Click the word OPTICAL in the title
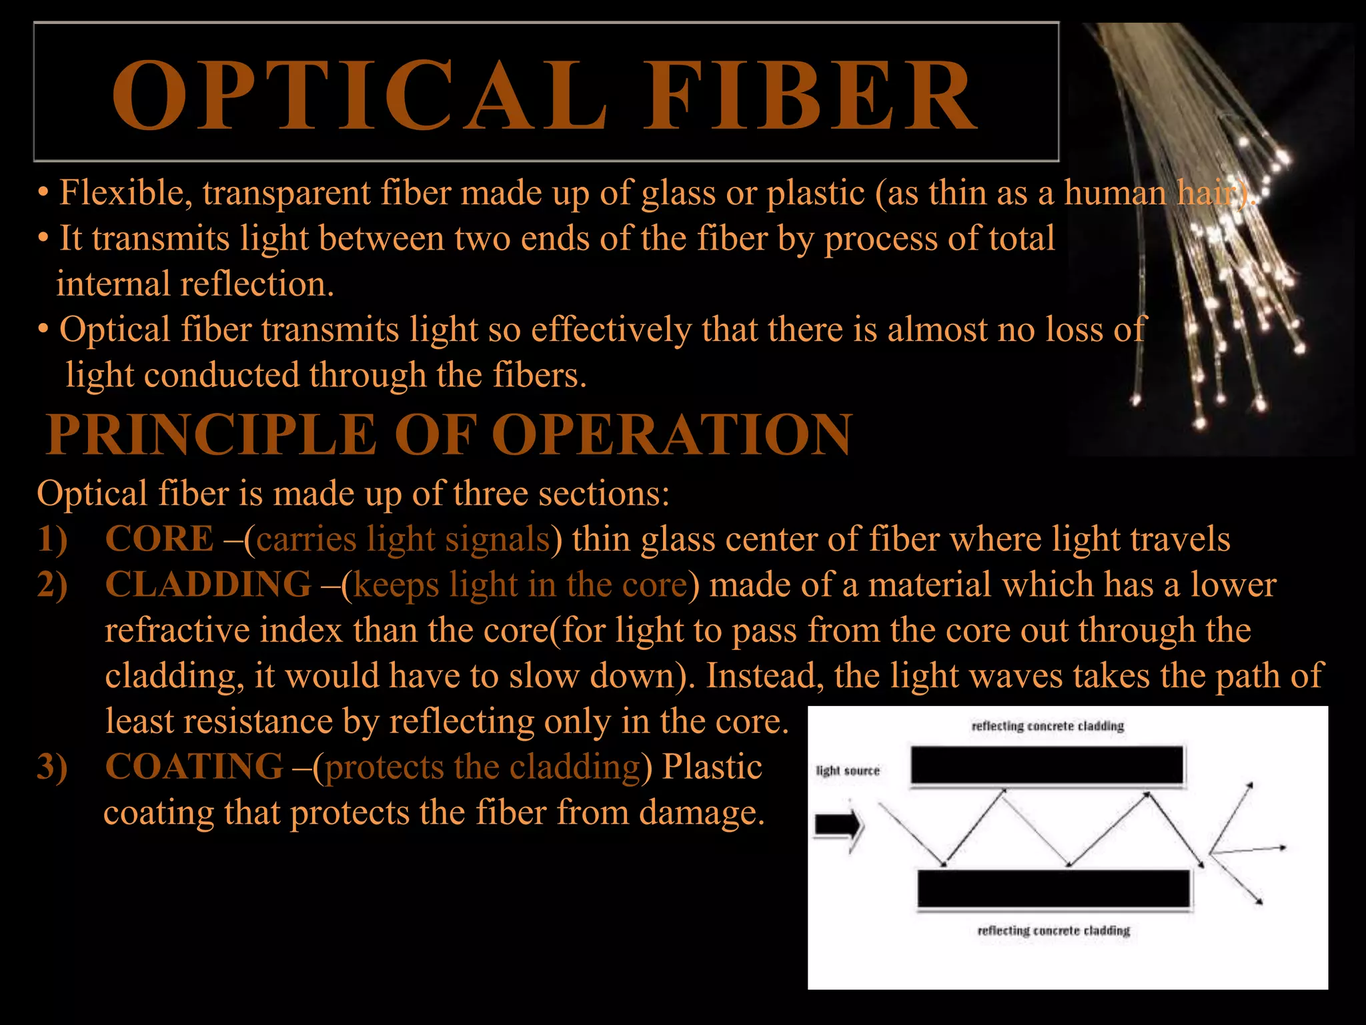click(360, 95)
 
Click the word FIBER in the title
click(810, 95)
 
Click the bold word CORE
click(159, 539)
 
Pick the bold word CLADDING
click(208, 585)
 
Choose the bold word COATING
click(194, 766)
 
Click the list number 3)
click(53, 766)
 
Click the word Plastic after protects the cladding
click(712, 766)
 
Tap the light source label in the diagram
click(848, 771)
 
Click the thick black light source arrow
click(838, 825)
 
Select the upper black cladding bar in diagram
click(1047, 765)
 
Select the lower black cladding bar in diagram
click(1054, 888)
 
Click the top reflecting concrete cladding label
click(1048, 726)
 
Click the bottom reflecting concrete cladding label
click(1054, 930)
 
